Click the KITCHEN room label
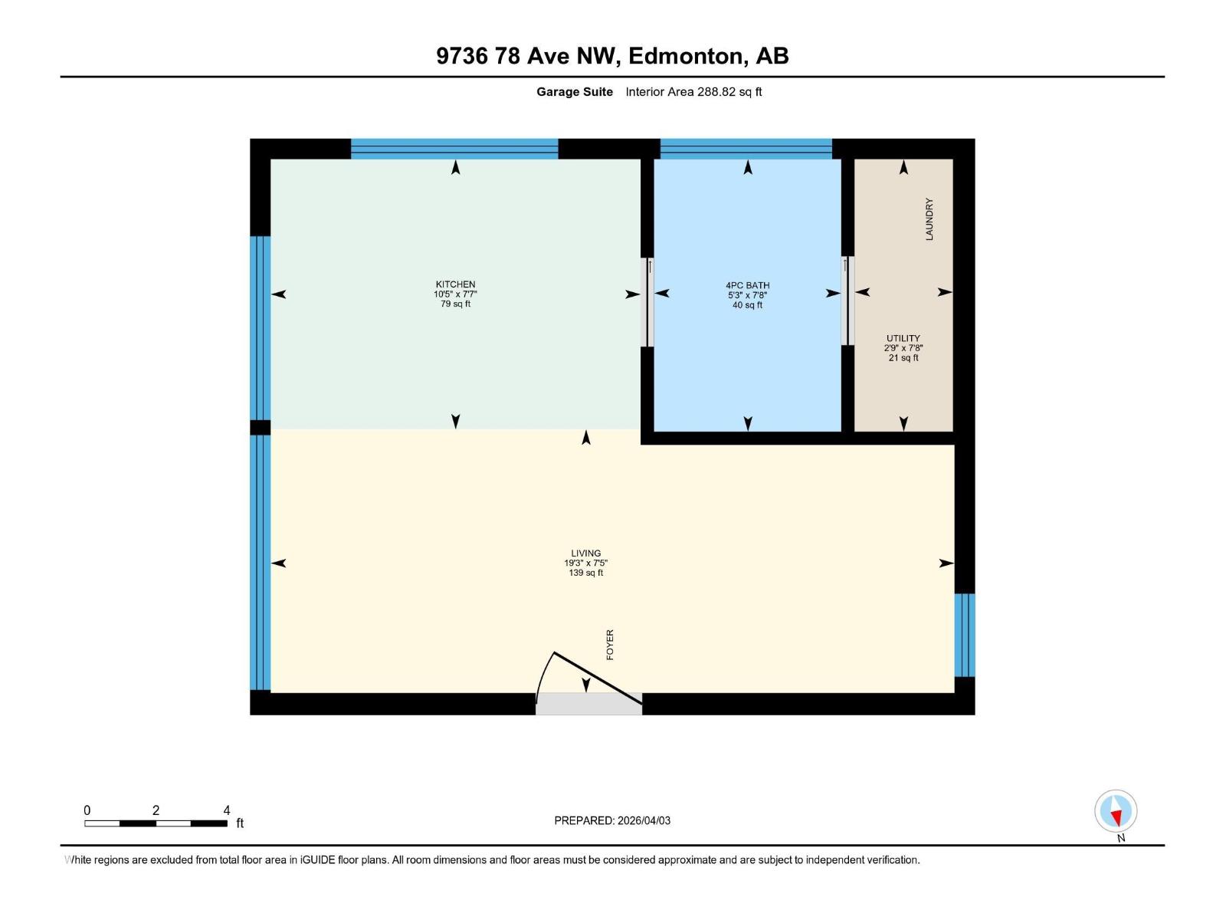coord(455,284)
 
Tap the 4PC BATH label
coord(747,285)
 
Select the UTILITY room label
coord(903,338)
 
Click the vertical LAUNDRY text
coord(929,219)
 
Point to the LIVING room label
coord(585,553)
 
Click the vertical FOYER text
coord(610,645)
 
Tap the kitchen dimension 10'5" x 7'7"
coord(455,294)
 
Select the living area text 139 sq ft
coord(585,573)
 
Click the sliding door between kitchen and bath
coord(647,302)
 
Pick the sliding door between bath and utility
coord(847,301)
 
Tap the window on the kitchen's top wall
coord(454,149)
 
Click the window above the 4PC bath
coord(746,149)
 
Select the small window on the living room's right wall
coord(964,635)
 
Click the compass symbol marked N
coord(1116,812)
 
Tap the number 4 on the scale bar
coord(227,810)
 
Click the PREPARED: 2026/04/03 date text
coord(612,820)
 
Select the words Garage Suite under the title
coord(574,92)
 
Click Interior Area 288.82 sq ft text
coord(693,92)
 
